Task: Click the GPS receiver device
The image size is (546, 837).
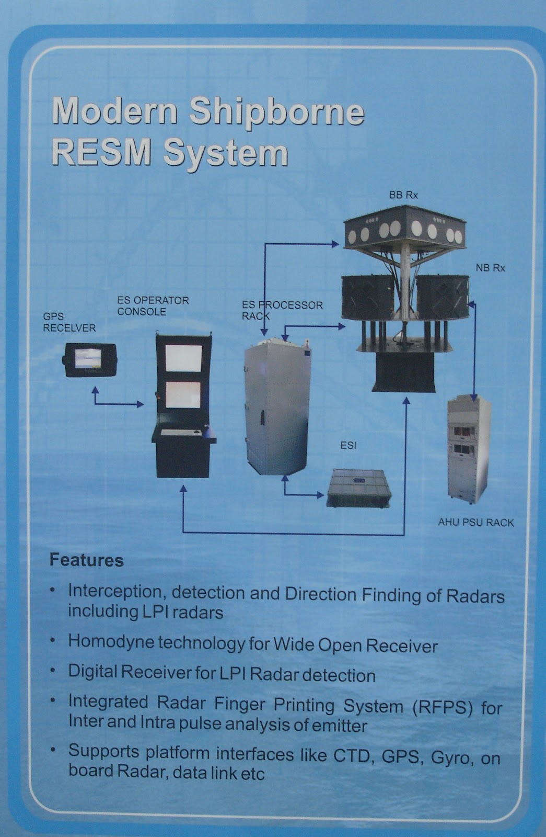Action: (90, 359)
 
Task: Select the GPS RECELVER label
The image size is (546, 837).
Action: (69, 322)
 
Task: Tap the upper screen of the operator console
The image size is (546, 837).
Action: (183, 358)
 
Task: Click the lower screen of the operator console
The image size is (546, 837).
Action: (183, 394)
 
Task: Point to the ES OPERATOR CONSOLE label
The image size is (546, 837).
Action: (153, 306)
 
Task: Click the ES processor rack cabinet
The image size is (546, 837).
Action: (277, 408)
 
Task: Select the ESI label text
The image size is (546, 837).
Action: (348, 445)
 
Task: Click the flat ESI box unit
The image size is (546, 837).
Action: (359, 488)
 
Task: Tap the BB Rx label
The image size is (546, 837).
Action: (403, 195)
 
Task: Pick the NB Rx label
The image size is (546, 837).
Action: (490, 268)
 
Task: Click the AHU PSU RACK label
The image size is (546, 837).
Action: (476, 523)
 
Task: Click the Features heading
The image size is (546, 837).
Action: (86, 560)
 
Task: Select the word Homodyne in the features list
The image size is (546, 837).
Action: (111, 642)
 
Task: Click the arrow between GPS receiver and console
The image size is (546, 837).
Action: (118, 403)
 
